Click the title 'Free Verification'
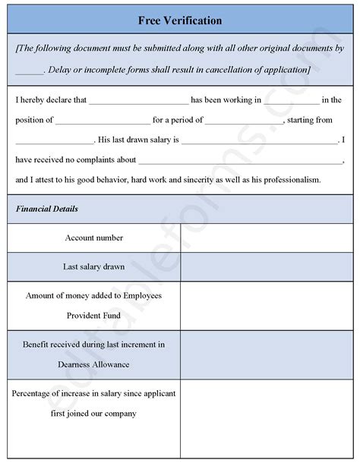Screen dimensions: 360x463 click(x=180, y=20)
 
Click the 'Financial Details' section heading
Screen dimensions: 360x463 click(x=46, y=208)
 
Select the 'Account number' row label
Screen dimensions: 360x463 click(x=94, y=238)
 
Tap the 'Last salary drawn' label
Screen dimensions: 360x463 click(x=94, y=266)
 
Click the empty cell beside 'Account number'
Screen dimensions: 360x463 click(x=267, y=238)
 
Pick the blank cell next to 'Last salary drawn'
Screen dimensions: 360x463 click(x=267, y=266)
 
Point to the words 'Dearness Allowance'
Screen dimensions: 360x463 click(x=93, y=364)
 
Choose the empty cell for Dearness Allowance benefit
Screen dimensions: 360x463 click(x=267, y=354)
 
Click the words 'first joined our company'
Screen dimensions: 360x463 click(x=94, y=414)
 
